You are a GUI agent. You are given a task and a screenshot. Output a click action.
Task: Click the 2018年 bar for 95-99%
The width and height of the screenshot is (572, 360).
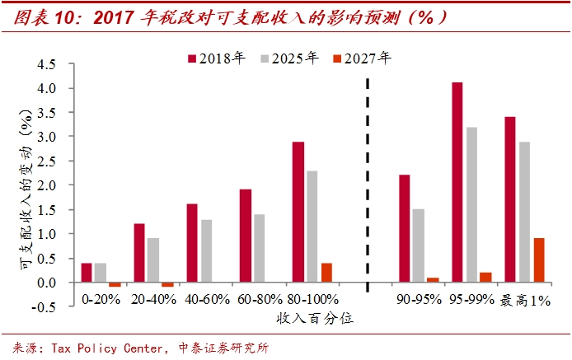pos(457,182)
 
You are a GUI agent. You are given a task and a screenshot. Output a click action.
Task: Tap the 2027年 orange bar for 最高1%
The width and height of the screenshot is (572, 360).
pos(538,260)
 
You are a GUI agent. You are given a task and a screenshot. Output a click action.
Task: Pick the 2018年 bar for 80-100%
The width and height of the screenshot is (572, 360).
pos(298,213)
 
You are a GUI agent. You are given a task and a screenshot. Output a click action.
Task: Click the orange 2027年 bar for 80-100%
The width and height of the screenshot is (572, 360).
pos(326,273)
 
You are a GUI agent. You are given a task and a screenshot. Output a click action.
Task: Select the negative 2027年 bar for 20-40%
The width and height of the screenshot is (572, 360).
pos(168,285)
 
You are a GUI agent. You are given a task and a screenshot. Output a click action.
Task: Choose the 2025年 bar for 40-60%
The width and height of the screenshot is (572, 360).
pos(206,251)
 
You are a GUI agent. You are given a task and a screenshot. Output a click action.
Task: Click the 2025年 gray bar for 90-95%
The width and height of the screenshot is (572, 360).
pos(418,245)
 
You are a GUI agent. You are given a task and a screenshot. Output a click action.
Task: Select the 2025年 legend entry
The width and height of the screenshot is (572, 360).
pos(288,58)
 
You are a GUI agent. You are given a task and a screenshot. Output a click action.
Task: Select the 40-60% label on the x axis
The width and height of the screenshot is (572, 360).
pos(207,299)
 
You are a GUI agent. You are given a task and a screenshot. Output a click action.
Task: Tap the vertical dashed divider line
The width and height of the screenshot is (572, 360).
pos(367,181)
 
